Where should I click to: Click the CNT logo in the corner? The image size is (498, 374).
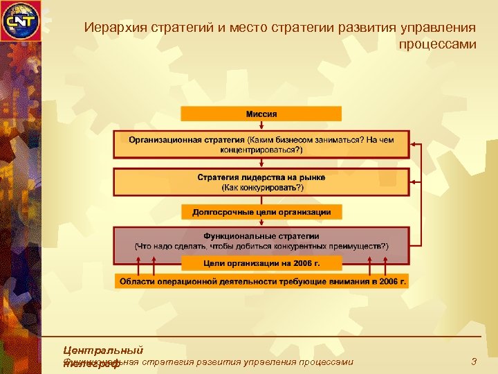20,20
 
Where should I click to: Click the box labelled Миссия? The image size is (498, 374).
261,114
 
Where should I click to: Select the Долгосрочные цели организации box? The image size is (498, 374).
261,212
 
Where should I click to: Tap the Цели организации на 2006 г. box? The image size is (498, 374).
261,263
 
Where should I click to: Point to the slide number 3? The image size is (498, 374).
473,362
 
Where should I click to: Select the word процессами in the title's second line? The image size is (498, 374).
437,44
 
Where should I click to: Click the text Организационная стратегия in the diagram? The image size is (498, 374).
186,139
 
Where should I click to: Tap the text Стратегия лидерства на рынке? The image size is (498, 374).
261,177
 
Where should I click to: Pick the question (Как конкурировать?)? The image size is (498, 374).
261,187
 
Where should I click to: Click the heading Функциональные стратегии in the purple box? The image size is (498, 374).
261,236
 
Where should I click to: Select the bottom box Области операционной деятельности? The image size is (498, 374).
261,281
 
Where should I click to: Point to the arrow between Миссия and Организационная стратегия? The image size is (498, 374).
261,126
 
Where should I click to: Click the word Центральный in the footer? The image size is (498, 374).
102,350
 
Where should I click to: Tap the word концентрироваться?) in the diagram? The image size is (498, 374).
261,150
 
